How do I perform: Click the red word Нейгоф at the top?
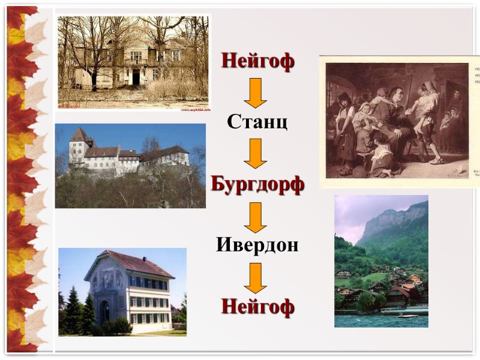pos(257,61)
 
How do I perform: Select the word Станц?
pos(257,122)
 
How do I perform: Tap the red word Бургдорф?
pos(257,184)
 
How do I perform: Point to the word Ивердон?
pos(257,245)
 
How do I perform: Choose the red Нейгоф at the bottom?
pos(257,307)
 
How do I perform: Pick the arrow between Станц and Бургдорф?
pos(256,153)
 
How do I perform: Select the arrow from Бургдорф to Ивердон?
pos(256,217)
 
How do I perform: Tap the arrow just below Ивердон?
pos(256,277)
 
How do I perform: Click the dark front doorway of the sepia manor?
pos(136,76)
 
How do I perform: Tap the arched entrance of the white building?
pos(104,311)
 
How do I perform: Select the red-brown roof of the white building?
pos(138,264)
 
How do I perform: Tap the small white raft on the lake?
pos(407,316)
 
